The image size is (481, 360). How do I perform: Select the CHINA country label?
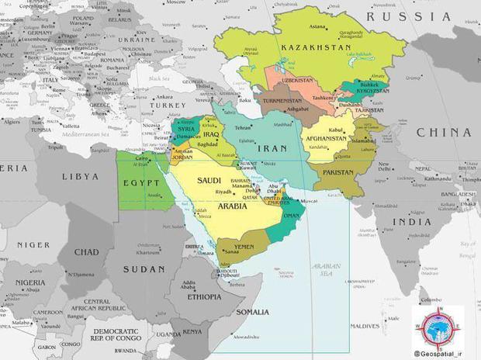(x=444, y=133)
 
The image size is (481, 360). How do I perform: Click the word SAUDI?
(x=209, y=180)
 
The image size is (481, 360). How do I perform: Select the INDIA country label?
(x=411, y=222)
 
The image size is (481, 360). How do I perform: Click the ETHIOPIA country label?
(x=206, y=296)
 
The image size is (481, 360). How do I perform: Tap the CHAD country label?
(x=87, y=252)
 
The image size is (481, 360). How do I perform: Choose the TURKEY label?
(x=168, y=106)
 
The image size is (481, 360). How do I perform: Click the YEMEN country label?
(x=244, y=246)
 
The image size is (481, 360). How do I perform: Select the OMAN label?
(x=293, y=216)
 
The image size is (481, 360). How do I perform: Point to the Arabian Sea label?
(x=327, y=270)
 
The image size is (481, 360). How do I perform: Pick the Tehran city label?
(x=244, y=127)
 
